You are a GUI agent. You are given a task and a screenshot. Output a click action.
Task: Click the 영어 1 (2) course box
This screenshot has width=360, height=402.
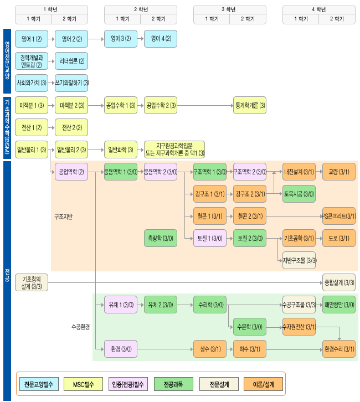(x=32, y=39)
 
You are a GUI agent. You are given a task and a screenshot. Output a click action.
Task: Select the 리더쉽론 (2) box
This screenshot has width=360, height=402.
(x=71, y=61)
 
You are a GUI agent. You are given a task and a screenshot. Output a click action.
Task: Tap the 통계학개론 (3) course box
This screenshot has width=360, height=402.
(x=250, y=105)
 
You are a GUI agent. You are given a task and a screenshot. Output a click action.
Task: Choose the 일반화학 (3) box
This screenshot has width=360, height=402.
(x=121, y=150)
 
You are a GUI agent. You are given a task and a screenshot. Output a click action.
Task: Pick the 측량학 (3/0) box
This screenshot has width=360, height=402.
(x=160, y=238)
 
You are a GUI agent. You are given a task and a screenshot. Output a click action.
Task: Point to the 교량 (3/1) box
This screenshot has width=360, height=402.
(x=339, y=172)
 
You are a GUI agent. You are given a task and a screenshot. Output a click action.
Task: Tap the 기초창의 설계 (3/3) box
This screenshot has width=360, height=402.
(x=32, y=282)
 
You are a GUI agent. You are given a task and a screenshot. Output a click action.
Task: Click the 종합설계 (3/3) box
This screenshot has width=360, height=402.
(x=339, y=282)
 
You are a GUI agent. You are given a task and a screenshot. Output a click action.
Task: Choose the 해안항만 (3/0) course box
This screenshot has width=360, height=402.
(x=339, y=305)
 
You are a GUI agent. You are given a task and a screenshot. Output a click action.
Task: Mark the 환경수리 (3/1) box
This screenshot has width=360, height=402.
(x=339, y=349)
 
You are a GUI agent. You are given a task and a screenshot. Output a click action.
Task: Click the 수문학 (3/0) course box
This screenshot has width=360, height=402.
(x=250, y=327)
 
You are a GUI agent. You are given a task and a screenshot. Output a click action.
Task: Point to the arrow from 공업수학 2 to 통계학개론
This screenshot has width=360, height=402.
(x=205, y=105)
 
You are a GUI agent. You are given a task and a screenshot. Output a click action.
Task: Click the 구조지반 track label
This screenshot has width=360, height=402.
(x=63, y=216)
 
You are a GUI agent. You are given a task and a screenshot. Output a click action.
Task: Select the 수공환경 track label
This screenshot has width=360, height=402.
(x=80, y=327)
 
